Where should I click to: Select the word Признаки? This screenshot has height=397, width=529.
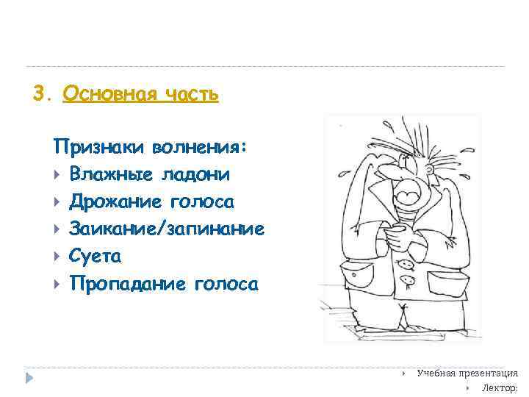pyautogui.click(x=99, y=147)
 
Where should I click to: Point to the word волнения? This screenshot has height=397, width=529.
pyautogui.click(x=198, y=147)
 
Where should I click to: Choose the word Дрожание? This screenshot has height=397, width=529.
pyautogui.click(x=116, y=201)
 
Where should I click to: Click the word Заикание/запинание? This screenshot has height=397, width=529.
pyautogui.click(x=167, y=229)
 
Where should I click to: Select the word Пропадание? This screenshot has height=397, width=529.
pyautogui.click(x=128, y=284)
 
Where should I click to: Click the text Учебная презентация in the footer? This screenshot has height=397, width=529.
pyautogui.click(x=467, y=373)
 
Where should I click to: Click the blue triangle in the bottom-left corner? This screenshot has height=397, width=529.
pyautogui.click(x=29, y=378)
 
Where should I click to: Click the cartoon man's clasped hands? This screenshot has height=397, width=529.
pyautogui.click(x=397, y=239)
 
